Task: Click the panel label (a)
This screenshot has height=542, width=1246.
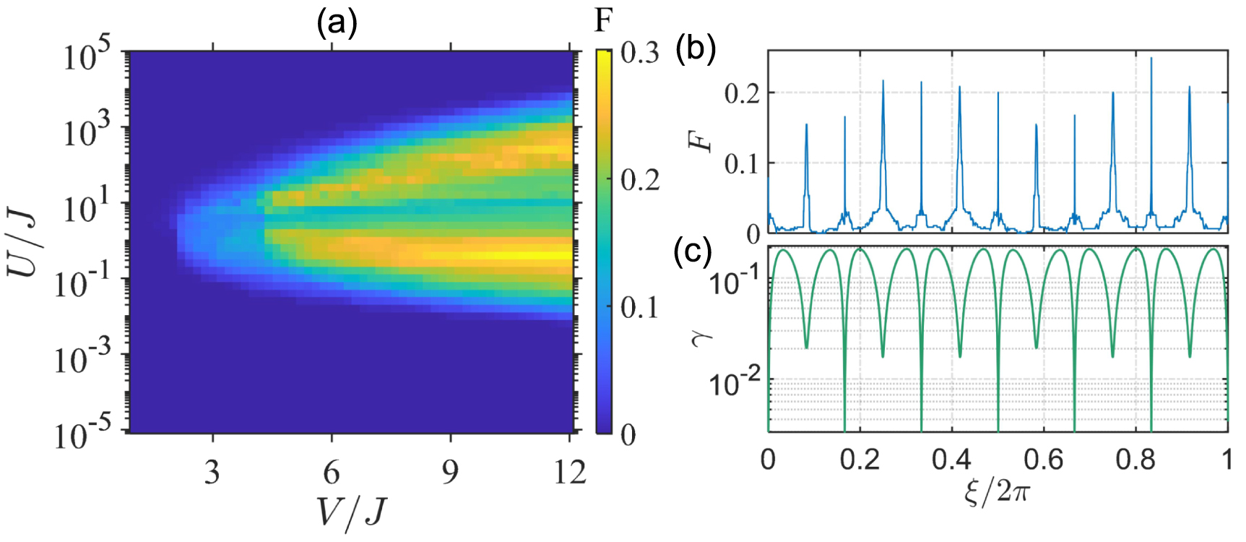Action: (337, 24)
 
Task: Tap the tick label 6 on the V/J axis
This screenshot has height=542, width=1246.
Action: (332, 473)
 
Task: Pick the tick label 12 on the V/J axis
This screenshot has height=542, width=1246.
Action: (569, 473)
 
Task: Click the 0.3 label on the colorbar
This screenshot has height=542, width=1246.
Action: (639, 53)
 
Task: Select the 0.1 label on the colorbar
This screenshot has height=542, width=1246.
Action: (639, 308)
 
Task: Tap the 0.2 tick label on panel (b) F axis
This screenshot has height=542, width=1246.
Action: (742, 93)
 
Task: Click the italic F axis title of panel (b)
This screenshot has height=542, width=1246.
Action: (701, 135)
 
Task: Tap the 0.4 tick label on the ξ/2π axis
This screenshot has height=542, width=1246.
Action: (951, 460)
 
